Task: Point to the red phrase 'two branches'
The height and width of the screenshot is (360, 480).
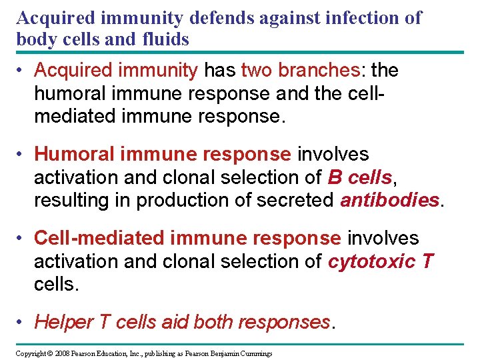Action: pos(291,70)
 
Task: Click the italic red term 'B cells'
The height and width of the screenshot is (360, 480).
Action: pos(359,178)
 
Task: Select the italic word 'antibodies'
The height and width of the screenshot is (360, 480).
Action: pos(390,200)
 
